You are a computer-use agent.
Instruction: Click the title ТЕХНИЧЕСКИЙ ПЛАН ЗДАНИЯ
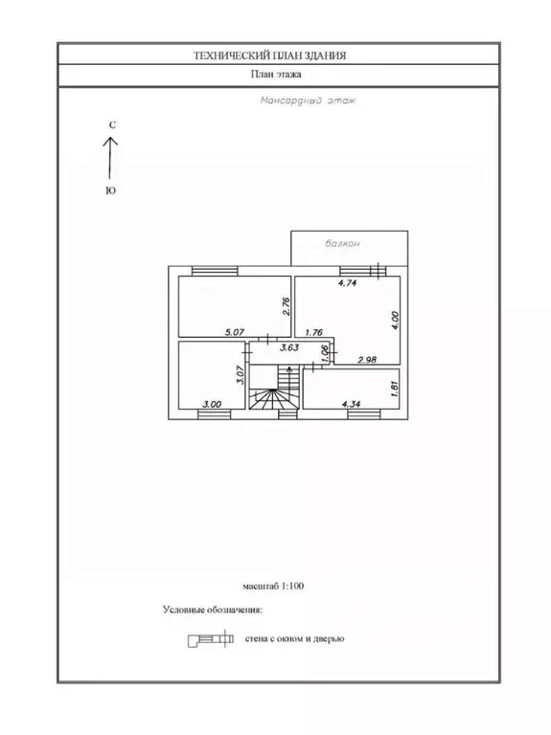270,56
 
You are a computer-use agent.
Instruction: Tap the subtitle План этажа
276,74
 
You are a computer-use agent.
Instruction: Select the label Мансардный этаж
308,100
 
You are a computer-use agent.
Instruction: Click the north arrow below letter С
110,158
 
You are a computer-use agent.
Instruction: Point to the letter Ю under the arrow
111,190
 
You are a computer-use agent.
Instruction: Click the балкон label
343,243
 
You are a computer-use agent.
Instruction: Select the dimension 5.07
235,332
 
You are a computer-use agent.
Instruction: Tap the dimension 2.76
287,306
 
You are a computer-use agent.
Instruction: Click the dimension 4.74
348,282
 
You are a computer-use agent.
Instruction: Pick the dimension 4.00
395,321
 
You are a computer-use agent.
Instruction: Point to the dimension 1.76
314,332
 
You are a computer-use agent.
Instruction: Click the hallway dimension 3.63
289,347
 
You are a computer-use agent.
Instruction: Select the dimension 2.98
367,360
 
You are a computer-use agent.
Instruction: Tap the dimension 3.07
241,375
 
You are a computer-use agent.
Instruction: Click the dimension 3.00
212,404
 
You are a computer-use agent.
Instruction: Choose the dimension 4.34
351,404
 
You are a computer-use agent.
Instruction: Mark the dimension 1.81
394,389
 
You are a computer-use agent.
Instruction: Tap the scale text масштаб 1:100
273,586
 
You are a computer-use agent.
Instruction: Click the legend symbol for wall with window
211,639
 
